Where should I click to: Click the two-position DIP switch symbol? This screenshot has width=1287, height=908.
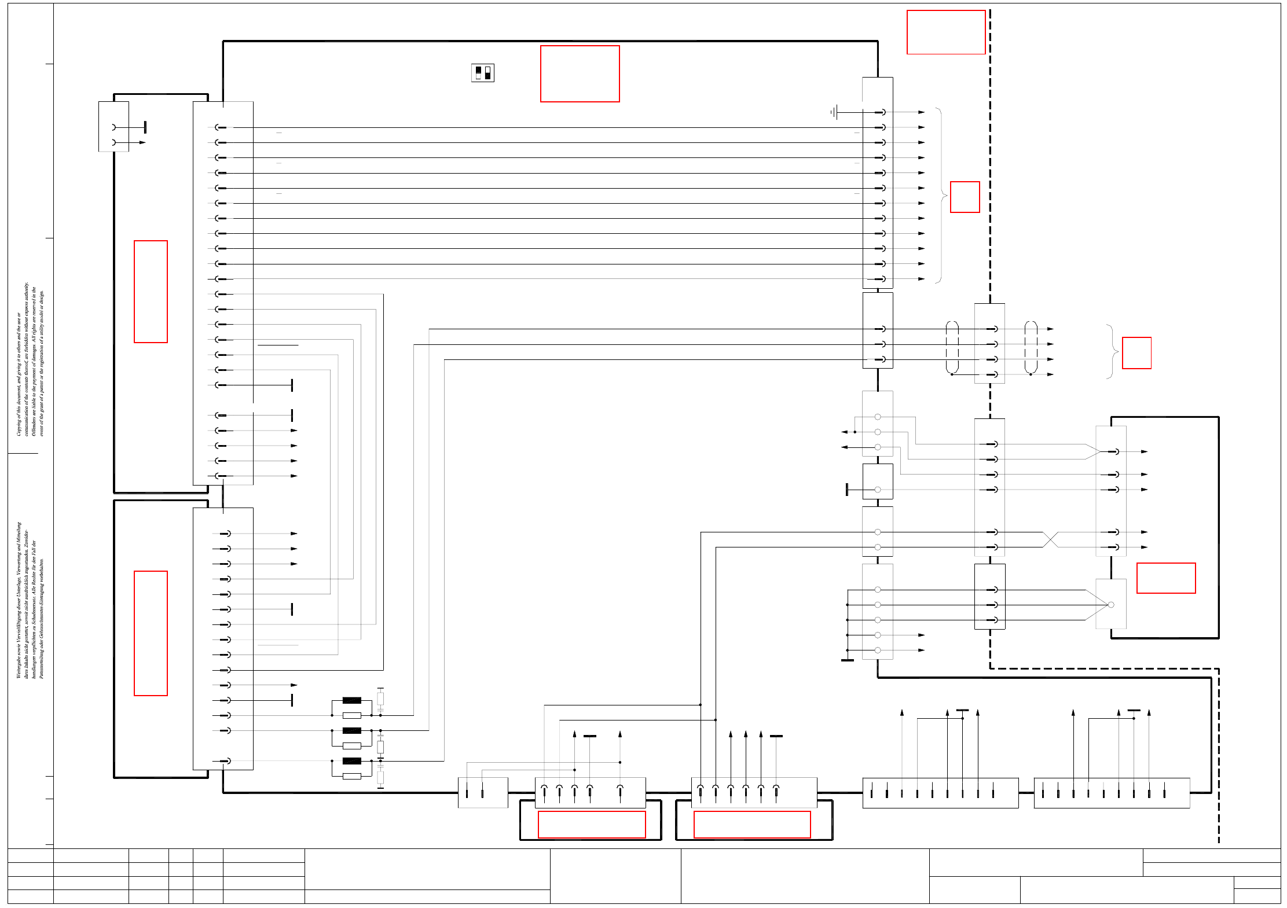pyautogui.click(x=483, y=73)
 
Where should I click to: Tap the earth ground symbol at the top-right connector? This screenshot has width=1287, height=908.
pyautogui.click(x=834, y=112)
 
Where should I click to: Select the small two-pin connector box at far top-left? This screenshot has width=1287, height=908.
pyautogui.click(x=113, y=127)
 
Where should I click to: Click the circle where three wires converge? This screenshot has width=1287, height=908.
pyautogui.click(x=1110, y=605)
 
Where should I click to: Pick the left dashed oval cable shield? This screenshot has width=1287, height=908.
pyautogui.click(x=952, y=347)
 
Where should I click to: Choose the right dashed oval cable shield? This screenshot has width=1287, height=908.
pyautogui.click(x=1031, y=347)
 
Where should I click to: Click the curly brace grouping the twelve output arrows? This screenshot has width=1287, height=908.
pyautogui.click(x=941, y=196)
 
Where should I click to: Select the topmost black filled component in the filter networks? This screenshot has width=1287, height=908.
pyautogui.click(x=351, y=700)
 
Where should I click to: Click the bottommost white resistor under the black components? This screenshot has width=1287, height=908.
pyautogui.click(x=351, y=776)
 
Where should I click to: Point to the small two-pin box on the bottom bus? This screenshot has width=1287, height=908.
pyautogui.click(x=482, y=792)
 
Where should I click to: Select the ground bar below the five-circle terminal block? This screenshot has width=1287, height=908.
pyautogui.click(x=847, y=660)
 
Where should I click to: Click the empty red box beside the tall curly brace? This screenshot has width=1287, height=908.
pyautogui.click(x=965, y=197)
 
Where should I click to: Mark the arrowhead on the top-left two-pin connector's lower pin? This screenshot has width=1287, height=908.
pyautogui.click(x=142, y=142)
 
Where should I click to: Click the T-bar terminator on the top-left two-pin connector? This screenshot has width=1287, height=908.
pyautogui.click(x=145, y=127)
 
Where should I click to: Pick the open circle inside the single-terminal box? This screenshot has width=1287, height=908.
pyautogui.click(x=878, y=490)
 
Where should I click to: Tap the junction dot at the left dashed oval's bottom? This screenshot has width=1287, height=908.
pyautogui.click(x=952, y=374)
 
